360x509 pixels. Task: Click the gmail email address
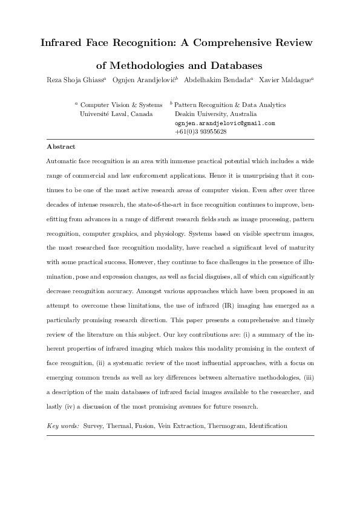pos(224,123)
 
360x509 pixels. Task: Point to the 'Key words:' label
pos(63,426)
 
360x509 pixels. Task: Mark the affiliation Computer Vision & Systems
pos(121,105)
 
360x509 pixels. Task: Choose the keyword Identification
pos(267,426)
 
